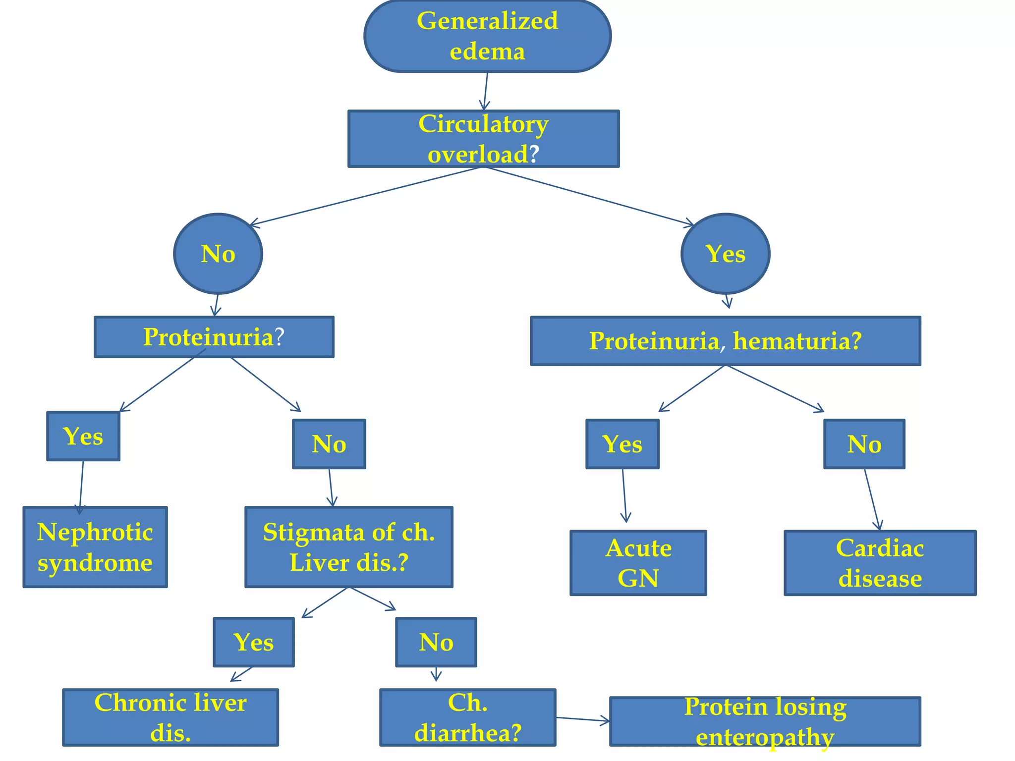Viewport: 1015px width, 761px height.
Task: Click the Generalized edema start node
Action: coord(487,36)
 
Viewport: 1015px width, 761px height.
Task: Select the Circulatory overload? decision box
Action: coord(483,139)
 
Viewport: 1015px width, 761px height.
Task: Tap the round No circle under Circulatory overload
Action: coord(218,254)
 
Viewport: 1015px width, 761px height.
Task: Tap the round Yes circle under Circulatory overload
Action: coord(726,254)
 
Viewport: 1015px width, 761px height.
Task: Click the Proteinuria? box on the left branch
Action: coord(214,337)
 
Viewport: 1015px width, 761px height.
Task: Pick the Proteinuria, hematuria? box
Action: coord(726,341)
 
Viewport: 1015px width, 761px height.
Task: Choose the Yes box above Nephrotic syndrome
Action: coord(83,436)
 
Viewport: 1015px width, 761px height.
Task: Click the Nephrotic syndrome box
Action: coord(95,547)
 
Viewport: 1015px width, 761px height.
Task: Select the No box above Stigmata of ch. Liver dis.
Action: coord(329,444)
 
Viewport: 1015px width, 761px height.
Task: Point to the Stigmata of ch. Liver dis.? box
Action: coord(349,547)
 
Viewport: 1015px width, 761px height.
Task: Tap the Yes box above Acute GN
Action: coord(622,444)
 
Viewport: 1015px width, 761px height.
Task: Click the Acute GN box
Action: coord(638,563)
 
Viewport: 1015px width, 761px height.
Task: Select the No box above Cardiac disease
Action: coord(864,444)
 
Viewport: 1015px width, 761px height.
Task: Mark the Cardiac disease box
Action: coord(880,563)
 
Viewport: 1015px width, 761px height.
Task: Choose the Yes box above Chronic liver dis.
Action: coord(254,642)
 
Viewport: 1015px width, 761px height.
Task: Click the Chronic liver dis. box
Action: coord(170,717)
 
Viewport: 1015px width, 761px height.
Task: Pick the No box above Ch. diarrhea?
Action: coord(436,642)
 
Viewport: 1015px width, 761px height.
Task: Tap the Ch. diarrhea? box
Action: coord(468,717)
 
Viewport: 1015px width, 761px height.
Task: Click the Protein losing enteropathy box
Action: coord(765,721)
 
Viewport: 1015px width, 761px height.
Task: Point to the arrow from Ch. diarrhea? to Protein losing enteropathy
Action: coord(582,719)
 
